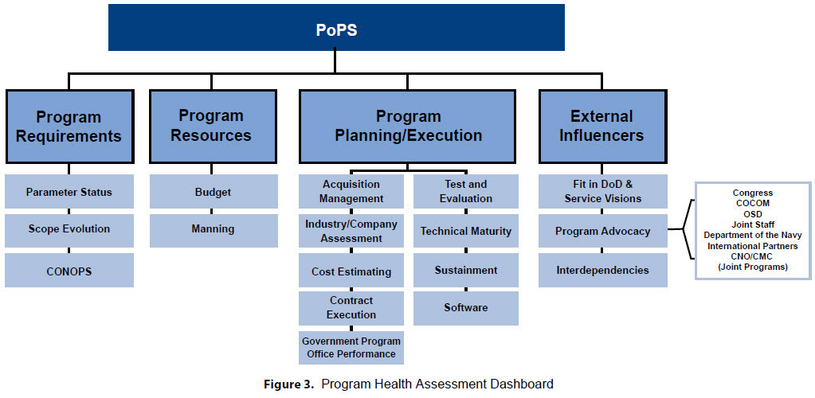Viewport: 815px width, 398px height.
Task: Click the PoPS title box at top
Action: click(x=336, y=28)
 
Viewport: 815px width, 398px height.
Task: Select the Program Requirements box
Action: click(x=69, y=127)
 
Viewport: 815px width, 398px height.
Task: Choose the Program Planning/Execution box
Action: click(x=408, y=127)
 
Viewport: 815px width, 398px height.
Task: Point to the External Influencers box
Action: click(x=603, y=127)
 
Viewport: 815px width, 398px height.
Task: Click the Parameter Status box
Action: click(x=69, y=192)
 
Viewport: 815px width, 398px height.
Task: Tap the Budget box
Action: click(x=214, y=192)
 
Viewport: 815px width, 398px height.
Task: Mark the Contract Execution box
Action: click(x=351, y=308)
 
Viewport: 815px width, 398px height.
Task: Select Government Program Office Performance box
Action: click(x=351, y=348)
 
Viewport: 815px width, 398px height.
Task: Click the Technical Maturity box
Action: click(x=466, y=231)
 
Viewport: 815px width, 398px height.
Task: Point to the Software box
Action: click(x=466, y=308)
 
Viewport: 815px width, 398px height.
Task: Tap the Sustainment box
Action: click(x=466, y=270)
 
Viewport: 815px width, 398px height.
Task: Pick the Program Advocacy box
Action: click(x=603, y=231)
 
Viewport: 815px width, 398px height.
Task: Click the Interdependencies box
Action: click(x=603, y=270)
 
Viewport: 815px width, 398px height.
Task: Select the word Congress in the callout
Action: click(x=753, y=193)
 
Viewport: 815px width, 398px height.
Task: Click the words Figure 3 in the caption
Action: click(x=288, y=384)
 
